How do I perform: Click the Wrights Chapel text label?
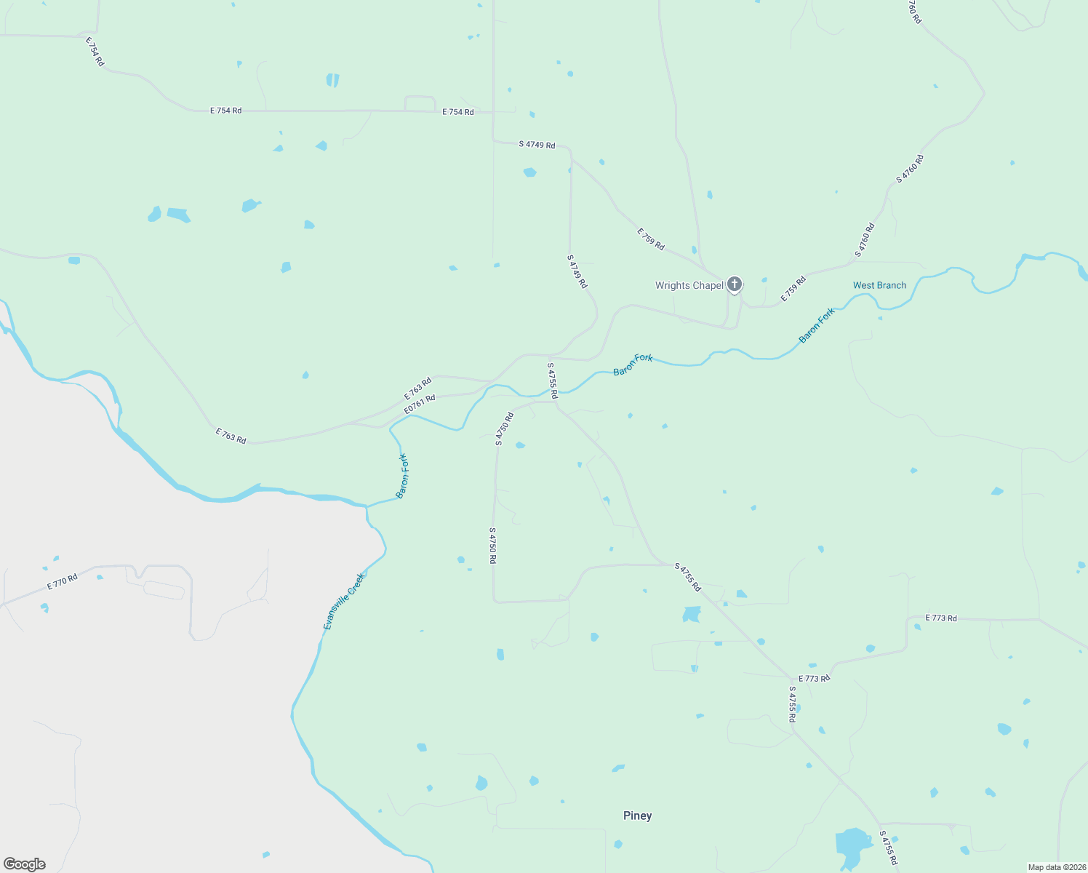[x=689, y=285]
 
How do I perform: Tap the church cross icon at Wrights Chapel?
[x=735, y=284]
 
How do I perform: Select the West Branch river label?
[x=879, y=285]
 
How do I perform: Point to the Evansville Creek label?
[x=344, y=602]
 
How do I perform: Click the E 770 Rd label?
[x=63, y=582]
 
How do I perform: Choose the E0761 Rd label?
[x=420, y=404]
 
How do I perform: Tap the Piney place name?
[x=637, y=816]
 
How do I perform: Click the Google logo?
[x=25, y=864]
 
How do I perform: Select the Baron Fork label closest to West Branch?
[x=817, y=325]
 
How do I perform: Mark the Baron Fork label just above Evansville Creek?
[x=402, y=476]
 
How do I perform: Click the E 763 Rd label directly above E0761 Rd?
[x=418, y=388]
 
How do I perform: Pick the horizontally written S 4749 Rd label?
[x=537, y=145]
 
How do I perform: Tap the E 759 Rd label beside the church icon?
[x=793, y=289]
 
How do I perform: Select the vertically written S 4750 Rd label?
[x=492, y=546]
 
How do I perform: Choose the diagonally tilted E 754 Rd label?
[x=95, y=52]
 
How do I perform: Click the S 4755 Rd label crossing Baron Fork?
[x=552, y=380]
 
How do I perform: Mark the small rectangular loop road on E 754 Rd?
[x=420, y=103]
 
